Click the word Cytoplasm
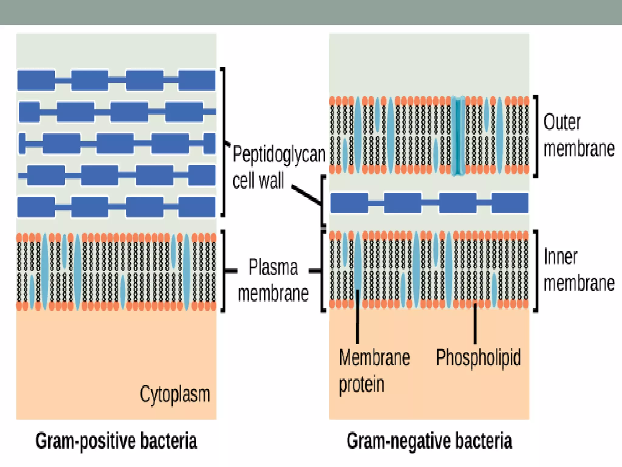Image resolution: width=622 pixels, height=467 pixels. (x=175, y=394)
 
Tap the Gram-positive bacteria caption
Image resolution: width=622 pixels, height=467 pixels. (x=116, y=441)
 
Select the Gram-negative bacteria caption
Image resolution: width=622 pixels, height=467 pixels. (x=429, y=441)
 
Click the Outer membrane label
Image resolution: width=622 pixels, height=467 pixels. (x=579, y=136)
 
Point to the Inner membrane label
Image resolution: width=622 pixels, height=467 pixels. (x=579, y=270)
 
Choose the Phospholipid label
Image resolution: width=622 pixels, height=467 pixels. (x=478, y=358)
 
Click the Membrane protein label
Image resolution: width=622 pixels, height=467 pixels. (x=374, y=371)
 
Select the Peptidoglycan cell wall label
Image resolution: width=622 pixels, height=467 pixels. (x=278, y=167)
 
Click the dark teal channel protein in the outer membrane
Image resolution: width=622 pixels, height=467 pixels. (x=458, y=136)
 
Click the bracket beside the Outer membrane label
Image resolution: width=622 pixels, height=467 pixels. (x=536, y=136)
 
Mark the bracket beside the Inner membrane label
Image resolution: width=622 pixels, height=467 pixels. (x=536, y=271)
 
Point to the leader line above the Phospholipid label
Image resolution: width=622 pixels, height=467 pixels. (x=475, y=324)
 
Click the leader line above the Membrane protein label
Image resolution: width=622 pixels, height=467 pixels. (x=357, y=316)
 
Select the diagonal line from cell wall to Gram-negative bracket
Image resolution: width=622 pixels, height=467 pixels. (x=306, y=195)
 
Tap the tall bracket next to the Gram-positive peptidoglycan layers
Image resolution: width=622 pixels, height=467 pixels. (x=224, y=141)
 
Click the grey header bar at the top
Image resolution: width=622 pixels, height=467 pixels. (x=311, y=12)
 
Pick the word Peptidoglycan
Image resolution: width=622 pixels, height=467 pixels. (x=279, y=154)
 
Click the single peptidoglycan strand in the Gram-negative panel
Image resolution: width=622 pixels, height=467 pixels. (x=429, y=202)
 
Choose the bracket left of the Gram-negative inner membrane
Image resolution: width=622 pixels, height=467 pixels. (x=323, y=271)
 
